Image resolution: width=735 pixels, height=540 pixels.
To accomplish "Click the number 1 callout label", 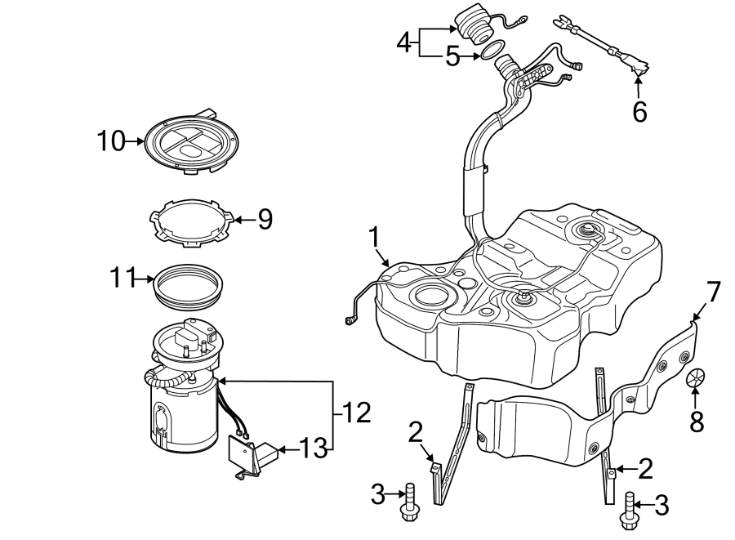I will tap(374, 239).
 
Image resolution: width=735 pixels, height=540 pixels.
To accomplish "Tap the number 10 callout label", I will tap(112, 141).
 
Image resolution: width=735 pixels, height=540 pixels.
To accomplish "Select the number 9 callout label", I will tap(264, 219).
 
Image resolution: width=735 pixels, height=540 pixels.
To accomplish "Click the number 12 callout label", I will tap(355, 413).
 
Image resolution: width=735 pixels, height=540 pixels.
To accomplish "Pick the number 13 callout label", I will tap(312, 449).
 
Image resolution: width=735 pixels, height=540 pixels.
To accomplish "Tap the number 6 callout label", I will tap(639, 111).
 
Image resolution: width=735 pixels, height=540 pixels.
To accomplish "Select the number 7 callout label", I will tap(713, 292).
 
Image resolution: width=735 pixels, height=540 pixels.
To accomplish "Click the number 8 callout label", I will tap(696, 421).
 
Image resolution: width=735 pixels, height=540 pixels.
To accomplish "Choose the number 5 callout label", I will tap(454, 56).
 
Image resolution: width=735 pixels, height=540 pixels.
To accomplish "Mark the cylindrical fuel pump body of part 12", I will tap(181, 417).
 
